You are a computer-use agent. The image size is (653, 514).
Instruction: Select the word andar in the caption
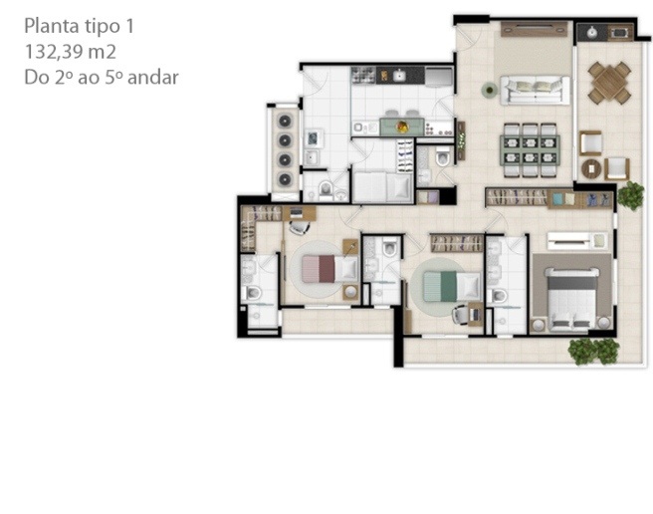tap(153, 78)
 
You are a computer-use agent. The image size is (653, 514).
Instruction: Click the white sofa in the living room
tap(536, 90)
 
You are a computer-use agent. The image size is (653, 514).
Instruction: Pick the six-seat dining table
tap(531, 150)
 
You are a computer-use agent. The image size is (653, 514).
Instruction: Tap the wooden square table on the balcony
tap(609, 83)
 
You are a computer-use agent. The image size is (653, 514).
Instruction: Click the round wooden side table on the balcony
tap(591, 168)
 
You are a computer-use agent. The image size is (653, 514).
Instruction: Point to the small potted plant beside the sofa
tap(490, 90)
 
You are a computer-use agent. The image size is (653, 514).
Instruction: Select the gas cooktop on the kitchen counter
tap(363, 76)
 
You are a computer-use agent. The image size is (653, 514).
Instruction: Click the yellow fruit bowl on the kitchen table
tap(402, 127)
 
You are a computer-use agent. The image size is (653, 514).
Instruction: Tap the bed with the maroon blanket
tap(329, 269)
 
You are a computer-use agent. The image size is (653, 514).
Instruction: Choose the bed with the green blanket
tap(452, 286)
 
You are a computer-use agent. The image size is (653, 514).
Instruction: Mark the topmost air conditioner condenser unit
tap(285, 122)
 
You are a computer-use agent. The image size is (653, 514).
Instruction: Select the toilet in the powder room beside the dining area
tap(443, 156)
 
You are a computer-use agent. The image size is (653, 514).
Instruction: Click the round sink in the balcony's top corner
tap(591, 32)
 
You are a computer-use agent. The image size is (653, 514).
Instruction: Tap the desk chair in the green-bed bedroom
tap(461, 315)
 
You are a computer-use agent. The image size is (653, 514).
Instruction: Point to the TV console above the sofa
tap(534, 30)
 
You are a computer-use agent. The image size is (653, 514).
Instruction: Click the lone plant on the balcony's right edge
tap(630, 195)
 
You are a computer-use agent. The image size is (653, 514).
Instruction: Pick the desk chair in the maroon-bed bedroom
tap(299, 227)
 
